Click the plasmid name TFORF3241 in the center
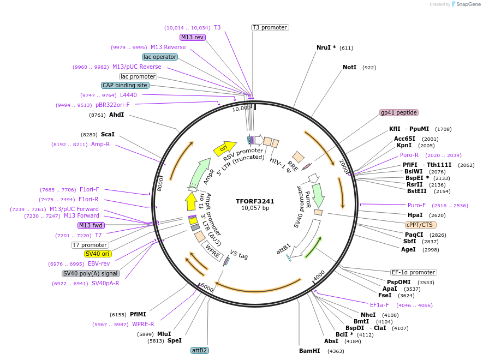(x=255, y=201)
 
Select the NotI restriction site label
(x=349, y=67)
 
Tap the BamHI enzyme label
(x=309, y=351)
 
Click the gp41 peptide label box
(x=399, y=113)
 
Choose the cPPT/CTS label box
(x=420, y=225)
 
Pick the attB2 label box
(x=200, y=350)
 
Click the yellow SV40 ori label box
(x=98, y=254)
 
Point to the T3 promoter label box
(x=270, y=27)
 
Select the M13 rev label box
(x=193, y=37)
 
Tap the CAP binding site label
(x=125, y=86)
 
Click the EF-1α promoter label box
(x=414, y=272)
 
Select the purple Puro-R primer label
(x=409, y=155)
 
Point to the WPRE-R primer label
(x=143, y=324)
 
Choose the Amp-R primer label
(x=100, y=144)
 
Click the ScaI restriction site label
(x=108, y=134)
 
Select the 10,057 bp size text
(x=255, y=208)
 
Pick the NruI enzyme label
(x=326, y=47)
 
